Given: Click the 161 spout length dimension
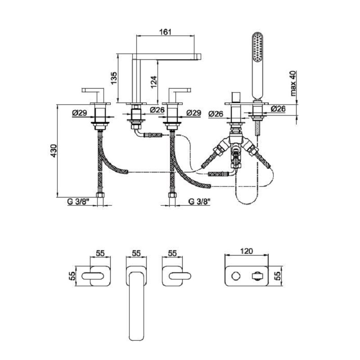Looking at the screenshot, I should click(x=166, y=31).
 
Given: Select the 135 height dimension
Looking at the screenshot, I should click(x=114, y=79).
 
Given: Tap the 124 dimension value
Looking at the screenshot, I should click(x=153, y=82).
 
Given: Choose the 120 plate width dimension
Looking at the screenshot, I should click(x=247, y=251).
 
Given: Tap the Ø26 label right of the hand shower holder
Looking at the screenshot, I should click(x=278, y=109).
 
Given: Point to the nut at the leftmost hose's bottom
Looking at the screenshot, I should click(x=101, y=195).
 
